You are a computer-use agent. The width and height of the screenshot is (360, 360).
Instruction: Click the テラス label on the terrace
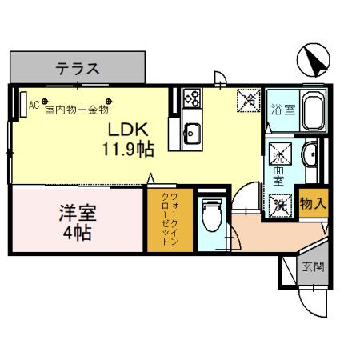click(78, 69)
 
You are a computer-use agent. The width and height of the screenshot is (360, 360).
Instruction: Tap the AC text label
click(34, 104)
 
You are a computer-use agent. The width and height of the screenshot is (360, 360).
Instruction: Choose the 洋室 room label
click(78, 214)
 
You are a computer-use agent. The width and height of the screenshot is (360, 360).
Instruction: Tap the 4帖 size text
click(78, 234)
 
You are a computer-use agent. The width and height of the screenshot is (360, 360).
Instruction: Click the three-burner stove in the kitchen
click(192, 98)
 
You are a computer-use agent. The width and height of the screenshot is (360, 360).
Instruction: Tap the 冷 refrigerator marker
click(250, 101)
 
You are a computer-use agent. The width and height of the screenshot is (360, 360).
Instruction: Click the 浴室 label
click(282, 110)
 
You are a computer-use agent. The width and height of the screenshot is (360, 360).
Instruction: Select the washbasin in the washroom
click(310, 154)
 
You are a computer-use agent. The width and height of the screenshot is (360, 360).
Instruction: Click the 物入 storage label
click(312, 204)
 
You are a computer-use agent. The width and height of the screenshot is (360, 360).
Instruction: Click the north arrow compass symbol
click(315, 59)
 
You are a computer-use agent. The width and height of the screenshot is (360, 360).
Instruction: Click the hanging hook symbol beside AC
click(45, 101)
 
